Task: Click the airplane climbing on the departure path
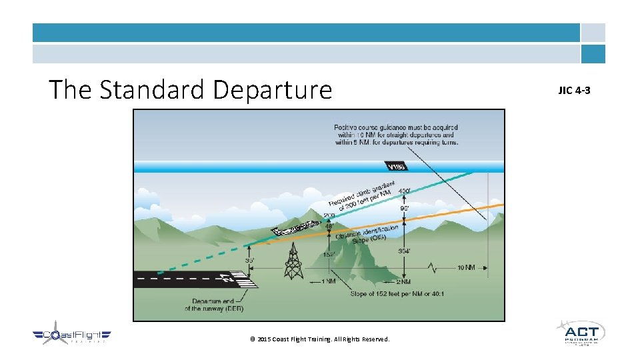pos(295,227)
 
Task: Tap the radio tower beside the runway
pos(293,261)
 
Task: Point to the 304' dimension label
pos(404,251)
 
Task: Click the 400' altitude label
pos(404,192)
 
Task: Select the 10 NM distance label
pos(465,268)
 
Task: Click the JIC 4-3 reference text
pos(574,90)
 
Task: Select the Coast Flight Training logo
pos(72,336)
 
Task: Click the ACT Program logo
pos(580,333)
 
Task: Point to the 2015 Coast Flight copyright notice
pos(320,339)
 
